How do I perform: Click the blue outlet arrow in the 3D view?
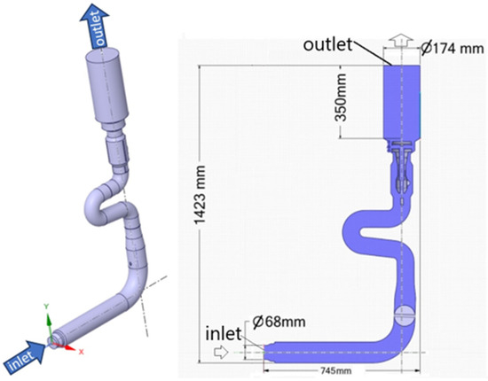(96, 27)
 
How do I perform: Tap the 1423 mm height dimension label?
(200, 195)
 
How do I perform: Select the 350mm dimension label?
(340, 97)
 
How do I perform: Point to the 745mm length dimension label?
(335, 370)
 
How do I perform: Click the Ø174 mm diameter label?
(452, 48)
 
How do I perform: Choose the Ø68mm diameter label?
(279, 322)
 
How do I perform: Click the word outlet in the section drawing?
(327, 45)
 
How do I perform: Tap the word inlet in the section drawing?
(223, 334)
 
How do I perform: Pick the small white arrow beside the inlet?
(221, 353)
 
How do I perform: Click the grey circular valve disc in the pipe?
(405, 315)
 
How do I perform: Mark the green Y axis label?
(46, 307)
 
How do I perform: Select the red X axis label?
(82, 352)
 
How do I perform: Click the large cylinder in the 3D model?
(107, 85)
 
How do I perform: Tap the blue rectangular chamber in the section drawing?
(401, 102)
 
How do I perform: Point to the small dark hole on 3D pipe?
(130, 264)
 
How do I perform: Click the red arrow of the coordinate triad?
(67, 347)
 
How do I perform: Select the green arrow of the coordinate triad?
(49, 326)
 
